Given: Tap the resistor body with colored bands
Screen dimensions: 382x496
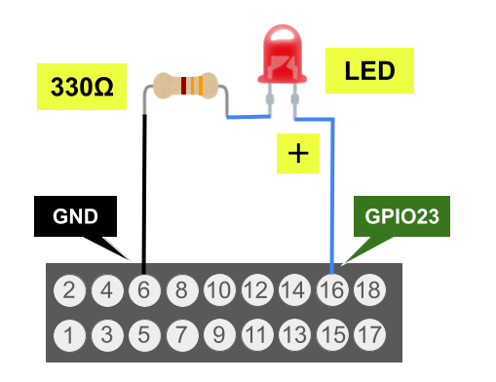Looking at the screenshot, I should (186, 86).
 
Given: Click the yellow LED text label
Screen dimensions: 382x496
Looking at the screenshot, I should (369, 70).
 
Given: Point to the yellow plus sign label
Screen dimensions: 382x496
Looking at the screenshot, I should (298, 154).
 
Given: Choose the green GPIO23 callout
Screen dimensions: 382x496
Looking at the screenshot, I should (401, 217).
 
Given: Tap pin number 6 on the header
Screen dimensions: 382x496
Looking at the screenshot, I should (144, 289).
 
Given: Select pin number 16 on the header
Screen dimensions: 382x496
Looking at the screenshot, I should (332, 289).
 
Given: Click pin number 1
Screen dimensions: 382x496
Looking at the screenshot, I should (68, 335).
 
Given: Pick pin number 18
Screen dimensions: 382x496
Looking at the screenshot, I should (369, 289).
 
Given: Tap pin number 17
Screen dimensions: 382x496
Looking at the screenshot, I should (369, 335).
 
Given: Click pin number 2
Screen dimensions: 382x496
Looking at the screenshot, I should (68, 289).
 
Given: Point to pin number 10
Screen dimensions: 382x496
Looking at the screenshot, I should (219, 289).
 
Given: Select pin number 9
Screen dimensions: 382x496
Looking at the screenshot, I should (219, 335).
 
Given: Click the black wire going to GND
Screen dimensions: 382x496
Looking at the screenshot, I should (145, 195).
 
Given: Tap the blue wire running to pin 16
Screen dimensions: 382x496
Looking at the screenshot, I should (333, 195).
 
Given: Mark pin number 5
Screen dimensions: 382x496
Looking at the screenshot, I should (144, 335).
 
